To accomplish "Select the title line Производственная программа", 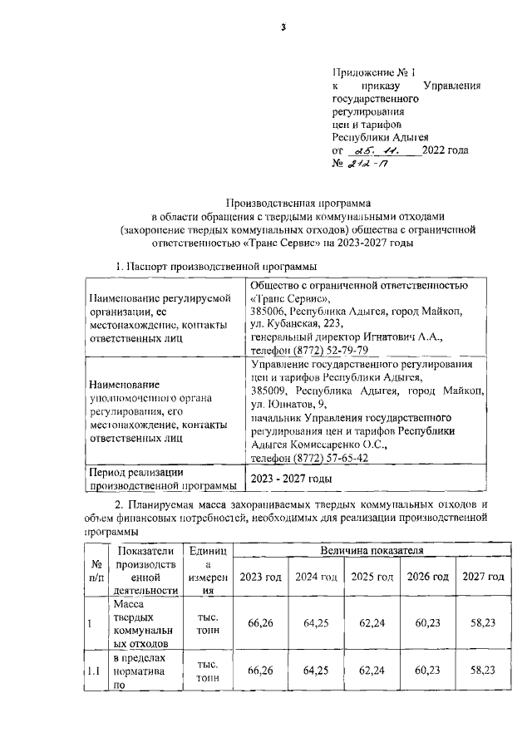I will pos(301,201).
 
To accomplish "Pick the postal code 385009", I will pos(268,390).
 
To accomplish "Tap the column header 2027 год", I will pos(484,577).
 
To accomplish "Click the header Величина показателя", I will pos(372,550).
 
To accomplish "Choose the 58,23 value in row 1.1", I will pos(484,670).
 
